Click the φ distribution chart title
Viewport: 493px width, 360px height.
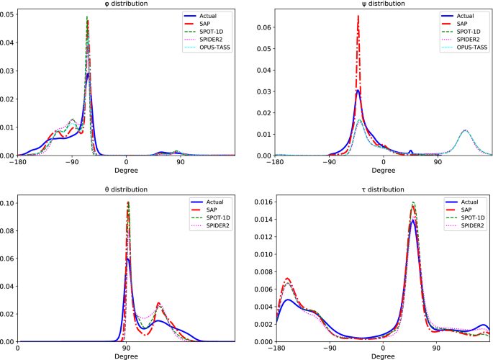tap(127, 4)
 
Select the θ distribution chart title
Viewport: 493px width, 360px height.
tap(127, 189)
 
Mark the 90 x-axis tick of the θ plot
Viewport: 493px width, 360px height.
tap(127, 348)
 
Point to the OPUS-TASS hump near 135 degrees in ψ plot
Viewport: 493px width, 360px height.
tap(466, 130)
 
